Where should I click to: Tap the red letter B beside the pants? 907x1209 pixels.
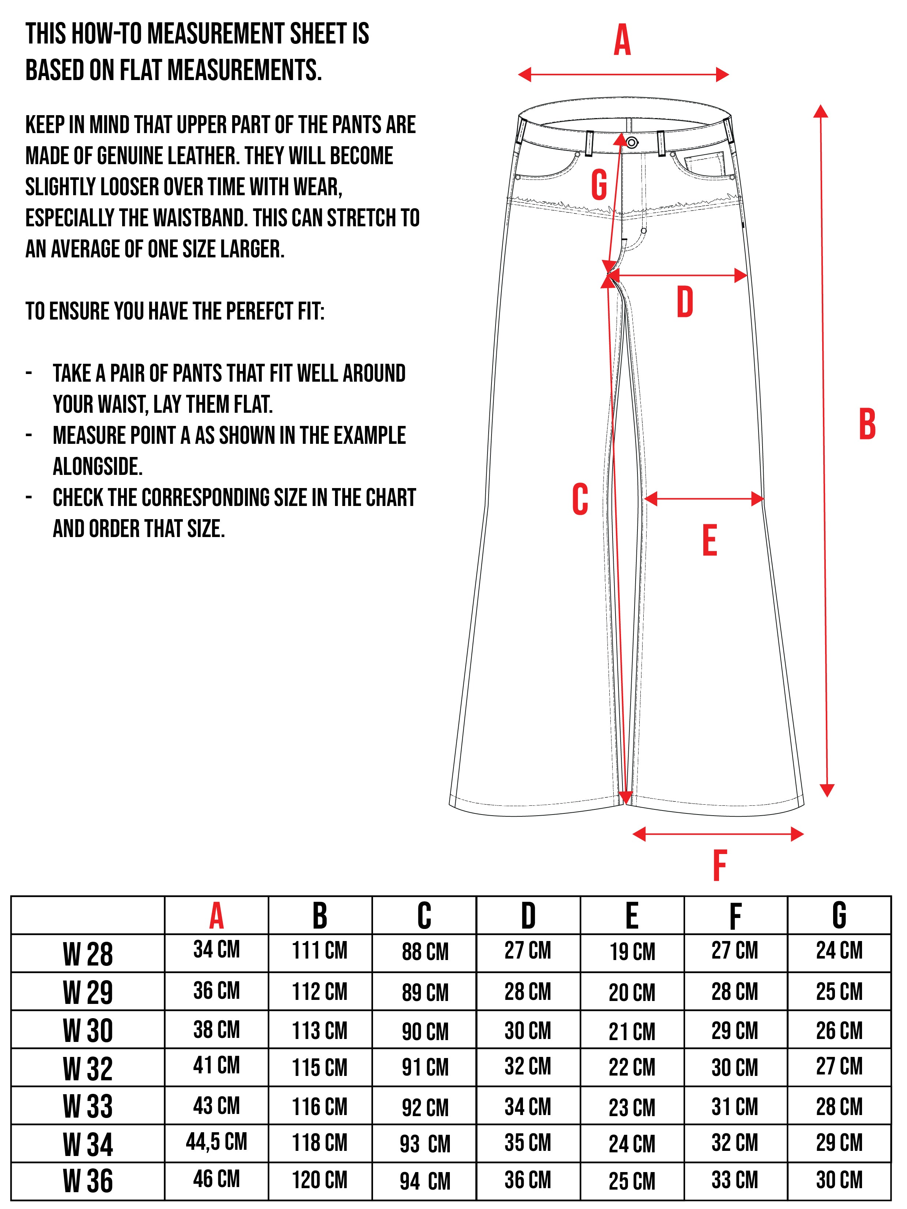(867, 424)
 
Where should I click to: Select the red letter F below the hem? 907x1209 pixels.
(719, 866)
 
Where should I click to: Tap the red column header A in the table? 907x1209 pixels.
(217, 917)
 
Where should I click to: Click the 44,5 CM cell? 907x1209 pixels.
(217, 1141)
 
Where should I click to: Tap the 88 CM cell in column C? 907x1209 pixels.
(425, 952)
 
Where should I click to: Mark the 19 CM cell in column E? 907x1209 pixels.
(632, 952)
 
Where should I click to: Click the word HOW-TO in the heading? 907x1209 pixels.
(107, 34)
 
